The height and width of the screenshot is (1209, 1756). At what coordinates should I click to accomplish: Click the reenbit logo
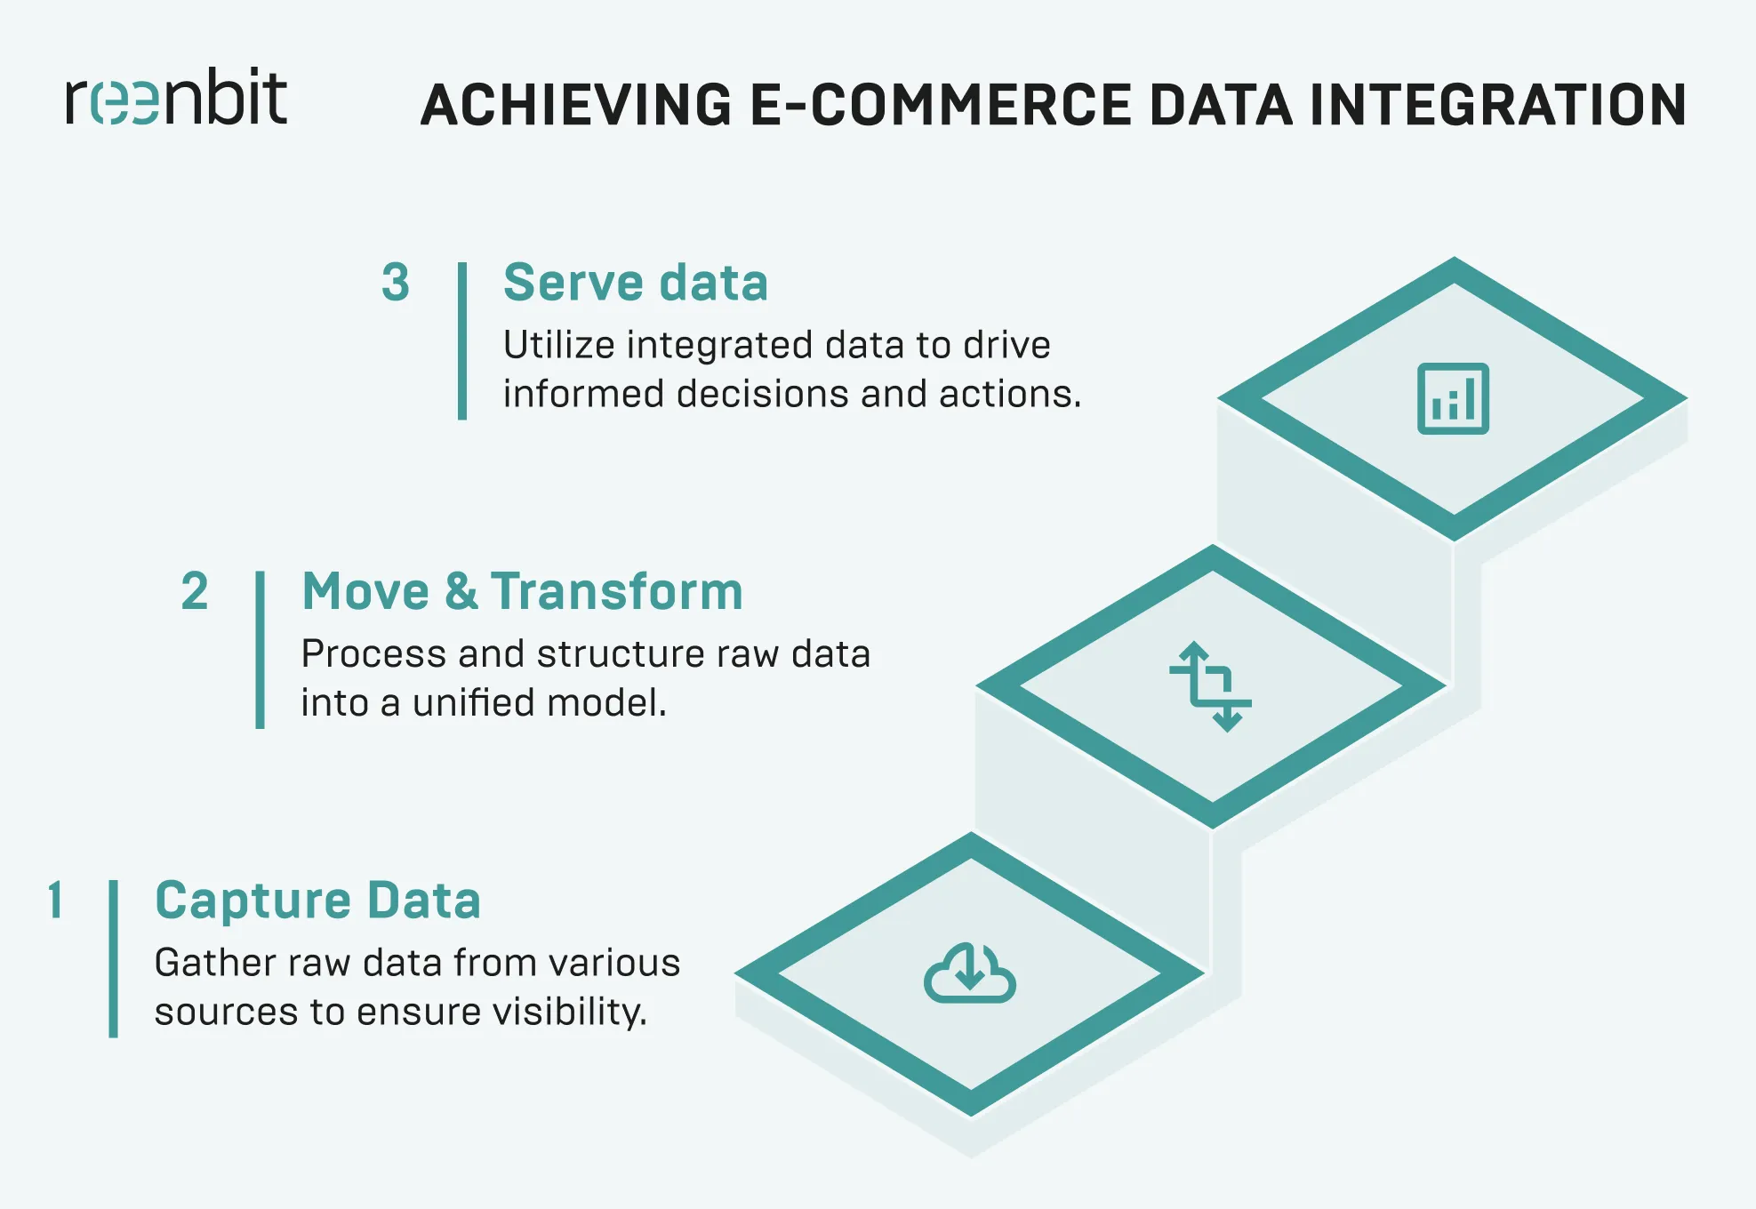pyautogui.click(x=176, y=98)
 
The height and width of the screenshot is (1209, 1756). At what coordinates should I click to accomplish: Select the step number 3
pyautogui.click(x=396, y=283)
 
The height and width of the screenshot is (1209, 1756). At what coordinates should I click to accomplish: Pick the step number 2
pyautogui.click(x=195, y=592)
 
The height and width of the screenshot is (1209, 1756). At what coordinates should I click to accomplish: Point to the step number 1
pyautogui.click(x=55, y=900)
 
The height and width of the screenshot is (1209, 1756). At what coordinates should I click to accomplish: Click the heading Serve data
pyautogui.click(x=635, y=283)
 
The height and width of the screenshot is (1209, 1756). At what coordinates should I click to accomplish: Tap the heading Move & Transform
pyautogui.click(x=522, y=592)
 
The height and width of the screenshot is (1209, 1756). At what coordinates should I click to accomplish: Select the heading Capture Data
pyautogui.click(x=317, y=901)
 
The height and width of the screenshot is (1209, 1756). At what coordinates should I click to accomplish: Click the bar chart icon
pyautogui.click(x=1453, y=399)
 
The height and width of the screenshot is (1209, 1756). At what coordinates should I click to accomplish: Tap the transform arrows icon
pyautogui.click(x=1210, y=686)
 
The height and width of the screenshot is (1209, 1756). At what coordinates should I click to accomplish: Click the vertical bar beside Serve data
pyautogui.click(x=462, y=340)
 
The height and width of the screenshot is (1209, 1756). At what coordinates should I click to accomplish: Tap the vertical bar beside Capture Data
pyautogui.click(x=114, y=958)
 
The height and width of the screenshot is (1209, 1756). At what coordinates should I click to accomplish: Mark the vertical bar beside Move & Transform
pyautogui.click(x=261, y=650)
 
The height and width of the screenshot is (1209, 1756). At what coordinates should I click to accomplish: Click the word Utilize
pyautogui.click(x=558, y=345)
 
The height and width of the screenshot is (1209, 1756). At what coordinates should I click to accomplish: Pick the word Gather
pyautogui.click(x=206, y=963)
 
